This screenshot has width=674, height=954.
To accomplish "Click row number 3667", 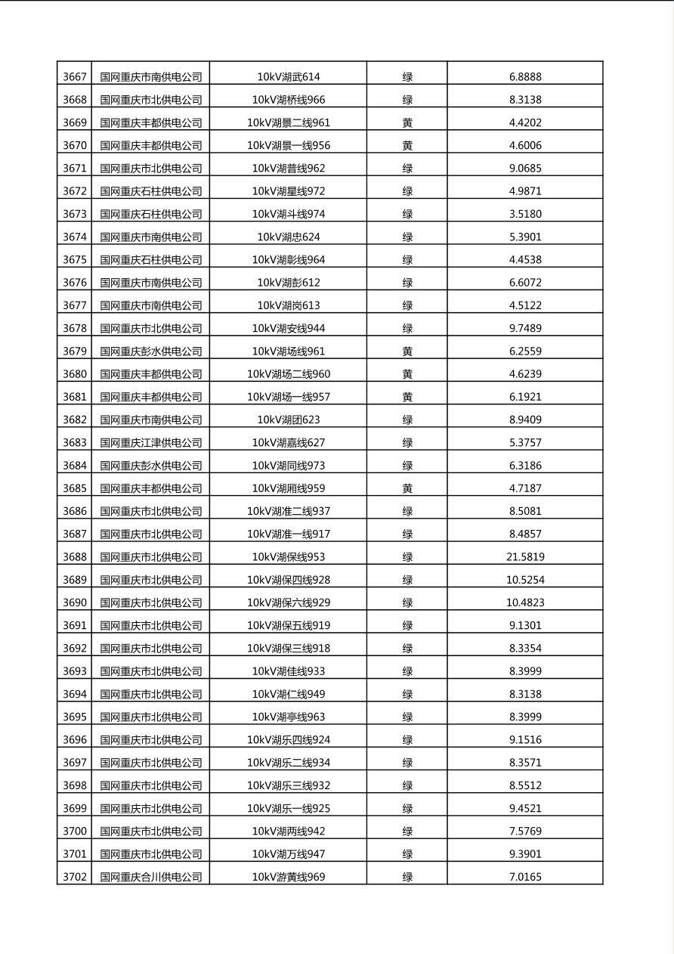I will click(74, 76).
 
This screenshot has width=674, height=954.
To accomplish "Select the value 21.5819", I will click(525, 557).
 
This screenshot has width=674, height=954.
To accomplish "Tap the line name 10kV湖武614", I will click(288, 76).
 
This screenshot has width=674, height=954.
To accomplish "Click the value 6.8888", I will click(525, 76).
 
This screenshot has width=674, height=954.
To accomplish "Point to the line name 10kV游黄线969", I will click(288, 877).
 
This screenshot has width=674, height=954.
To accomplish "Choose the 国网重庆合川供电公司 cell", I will click(151, 877).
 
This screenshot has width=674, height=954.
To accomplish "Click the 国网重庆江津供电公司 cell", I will click(151, 443).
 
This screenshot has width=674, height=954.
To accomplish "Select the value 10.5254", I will click(525, 580).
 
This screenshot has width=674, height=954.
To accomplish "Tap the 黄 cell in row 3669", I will click(407, 122).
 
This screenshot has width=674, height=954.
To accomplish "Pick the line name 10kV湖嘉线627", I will click(288, 443).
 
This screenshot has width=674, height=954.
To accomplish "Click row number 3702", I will click(74, 877).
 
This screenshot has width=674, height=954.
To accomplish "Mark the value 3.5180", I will click(525, 214).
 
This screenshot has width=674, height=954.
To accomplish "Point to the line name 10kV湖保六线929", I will click(288, 602).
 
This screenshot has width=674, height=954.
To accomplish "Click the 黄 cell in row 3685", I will click(407, 488).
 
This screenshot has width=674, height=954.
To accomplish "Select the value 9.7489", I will click(525, 328).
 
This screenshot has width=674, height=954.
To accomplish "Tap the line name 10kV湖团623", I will click(288, 420).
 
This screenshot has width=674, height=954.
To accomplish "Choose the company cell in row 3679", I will click(151, 352).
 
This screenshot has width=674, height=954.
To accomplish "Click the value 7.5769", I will click(525, 832).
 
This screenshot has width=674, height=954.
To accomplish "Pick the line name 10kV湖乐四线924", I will click(288, 740).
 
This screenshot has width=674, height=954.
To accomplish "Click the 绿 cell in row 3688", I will click(407, 557).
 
